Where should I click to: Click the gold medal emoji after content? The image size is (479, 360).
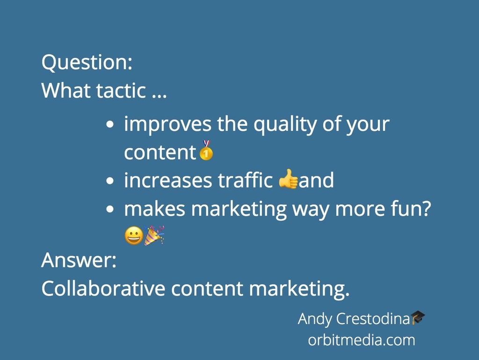click(x=206, y=150)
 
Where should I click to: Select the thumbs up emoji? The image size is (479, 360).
click(x=288, y=179)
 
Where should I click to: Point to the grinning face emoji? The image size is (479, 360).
click(x=134, y=236)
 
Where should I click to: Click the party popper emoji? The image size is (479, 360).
click(x=154, y=235)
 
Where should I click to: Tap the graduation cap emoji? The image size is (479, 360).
click(x=418, y=317)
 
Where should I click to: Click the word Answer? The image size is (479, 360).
click(x=79, y=260)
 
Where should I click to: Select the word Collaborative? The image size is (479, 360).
click(x=103, y=288)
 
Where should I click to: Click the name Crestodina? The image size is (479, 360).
click(x=373, y=318)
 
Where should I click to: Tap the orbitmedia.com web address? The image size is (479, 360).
click(x=362, y=340)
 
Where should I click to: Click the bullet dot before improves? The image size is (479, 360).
click(x=110, y=124)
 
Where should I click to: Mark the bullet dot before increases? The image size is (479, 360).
click(x=110, y=181)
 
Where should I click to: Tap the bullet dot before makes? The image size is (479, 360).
click(x=110, y=209)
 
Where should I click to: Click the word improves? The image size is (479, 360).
click(x=168, y=124)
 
